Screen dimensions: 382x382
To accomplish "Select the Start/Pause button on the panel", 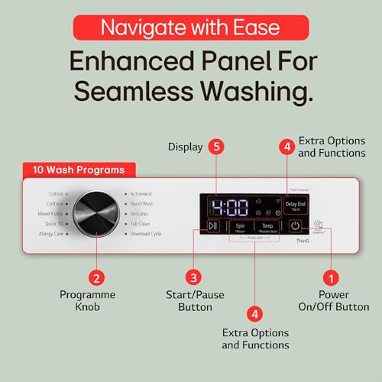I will pos(213,226).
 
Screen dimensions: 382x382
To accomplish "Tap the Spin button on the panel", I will pos(241,227).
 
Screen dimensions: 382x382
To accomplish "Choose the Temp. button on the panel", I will pos(267,227).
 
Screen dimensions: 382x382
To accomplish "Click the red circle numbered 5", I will pos(218,145).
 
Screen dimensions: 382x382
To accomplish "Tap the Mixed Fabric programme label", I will pos(50,214).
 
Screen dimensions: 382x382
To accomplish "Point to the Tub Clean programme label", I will pos(141,224).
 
